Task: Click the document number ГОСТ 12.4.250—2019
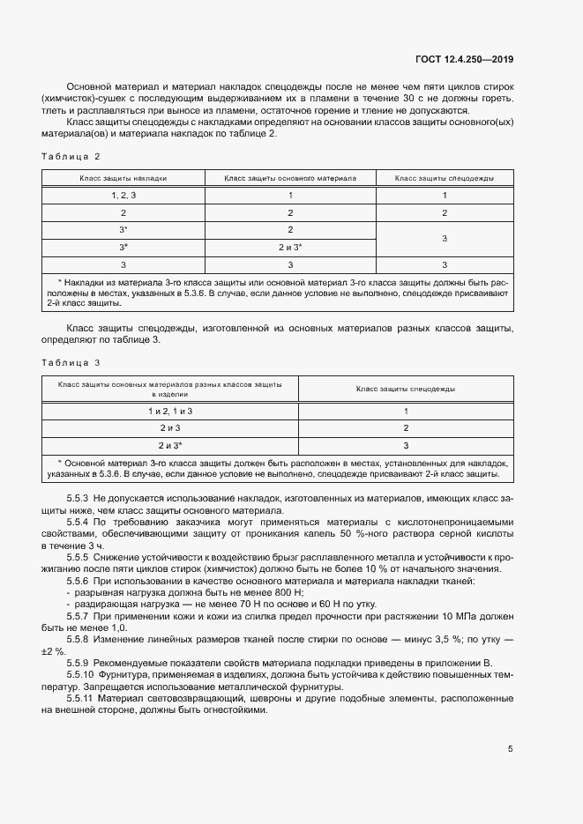(x=465, y=60)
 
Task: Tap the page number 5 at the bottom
(x=510, y=749)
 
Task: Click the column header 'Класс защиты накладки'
(x=123, y=178)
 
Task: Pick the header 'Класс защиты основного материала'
(x=290, y=178)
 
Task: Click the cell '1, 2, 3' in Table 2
(x=123, y=195)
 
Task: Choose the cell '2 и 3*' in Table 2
(x=290, y=247)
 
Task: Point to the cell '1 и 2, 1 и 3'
(x=170, y=412)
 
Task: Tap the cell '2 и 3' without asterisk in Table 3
(x=170, y=428)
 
